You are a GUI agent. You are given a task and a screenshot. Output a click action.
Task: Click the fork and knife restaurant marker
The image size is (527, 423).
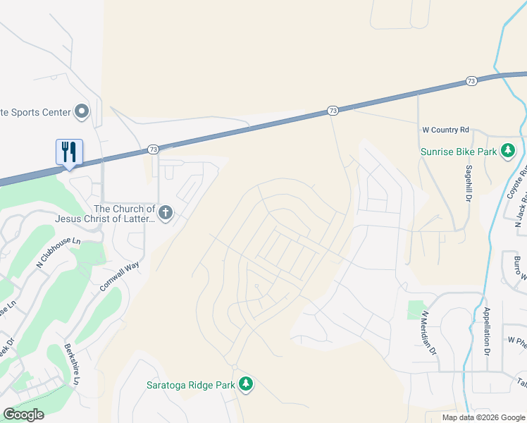[x=69, y=152]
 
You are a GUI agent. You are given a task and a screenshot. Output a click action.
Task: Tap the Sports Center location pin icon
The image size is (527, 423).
[x=82, y=111]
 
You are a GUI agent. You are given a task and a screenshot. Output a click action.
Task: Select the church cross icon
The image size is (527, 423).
[x=166, y=213]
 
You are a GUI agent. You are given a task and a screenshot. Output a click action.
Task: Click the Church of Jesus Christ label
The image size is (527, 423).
[x=125, y=214]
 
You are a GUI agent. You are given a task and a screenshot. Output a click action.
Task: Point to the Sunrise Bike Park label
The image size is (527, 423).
[x=459, y=151]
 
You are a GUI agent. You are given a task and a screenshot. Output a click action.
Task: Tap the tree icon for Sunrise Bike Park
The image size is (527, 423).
[x=507, y=151]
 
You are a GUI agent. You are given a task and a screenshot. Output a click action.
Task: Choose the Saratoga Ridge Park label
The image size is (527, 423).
[x=190, y=385]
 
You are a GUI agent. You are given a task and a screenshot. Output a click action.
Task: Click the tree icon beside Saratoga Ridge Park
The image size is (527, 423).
[x=245, y=384]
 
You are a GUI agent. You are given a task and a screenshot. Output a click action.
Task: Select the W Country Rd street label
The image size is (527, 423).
[x=445, y=130]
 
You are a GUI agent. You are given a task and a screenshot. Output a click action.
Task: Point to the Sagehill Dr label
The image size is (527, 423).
[x=469, y=185]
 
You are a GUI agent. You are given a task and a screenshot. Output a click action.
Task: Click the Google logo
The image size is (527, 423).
[x=24, y=414]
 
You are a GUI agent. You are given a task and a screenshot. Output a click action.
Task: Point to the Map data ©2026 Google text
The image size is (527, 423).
[x=483, y=417]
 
